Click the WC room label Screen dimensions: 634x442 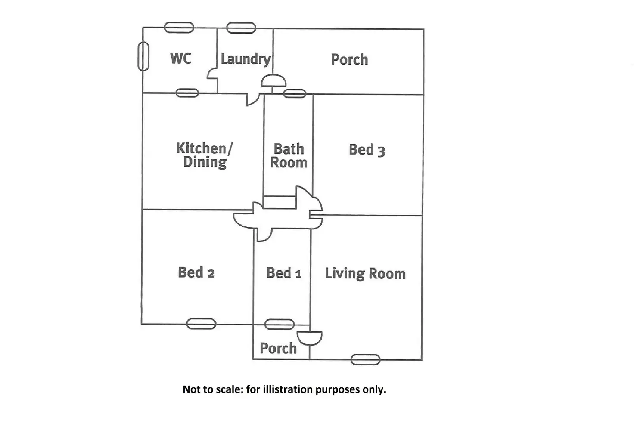click(180, 58)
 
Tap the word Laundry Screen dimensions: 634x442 click(246, 59)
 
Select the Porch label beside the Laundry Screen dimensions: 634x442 click(349, 59)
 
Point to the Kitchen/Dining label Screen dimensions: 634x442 click(205, 155)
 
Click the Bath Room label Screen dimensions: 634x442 click(289, 156)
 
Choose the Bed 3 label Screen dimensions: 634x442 click(367, 150)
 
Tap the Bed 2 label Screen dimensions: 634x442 click(196, 272)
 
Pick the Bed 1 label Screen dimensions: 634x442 click(283, 273)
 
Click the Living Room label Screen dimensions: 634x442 click(365, 273)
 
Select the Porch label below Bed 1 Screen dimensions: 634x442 click(278, 348)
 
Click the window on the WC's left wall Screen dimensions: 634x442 click(143, 56)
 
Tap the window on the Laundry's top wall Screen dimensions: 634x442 click(241, 28)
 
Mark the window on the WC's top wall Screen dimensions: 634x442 click(179, 28)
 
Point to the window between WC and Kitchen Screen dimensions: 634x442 click(187, 93)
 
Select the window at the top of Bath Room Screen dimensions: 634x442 click(295, 93)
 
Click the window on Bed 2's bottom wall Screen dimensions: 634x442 click(201, 324)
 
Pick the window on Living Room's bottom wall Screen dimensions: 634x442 click(365, 359)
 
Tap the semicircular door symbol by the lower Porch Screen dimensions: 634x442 click(310, 338)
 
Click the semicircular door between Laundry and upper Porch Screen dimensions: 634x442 click(273, 81)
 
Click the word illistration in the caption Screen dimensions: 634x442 click(287, 389)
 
